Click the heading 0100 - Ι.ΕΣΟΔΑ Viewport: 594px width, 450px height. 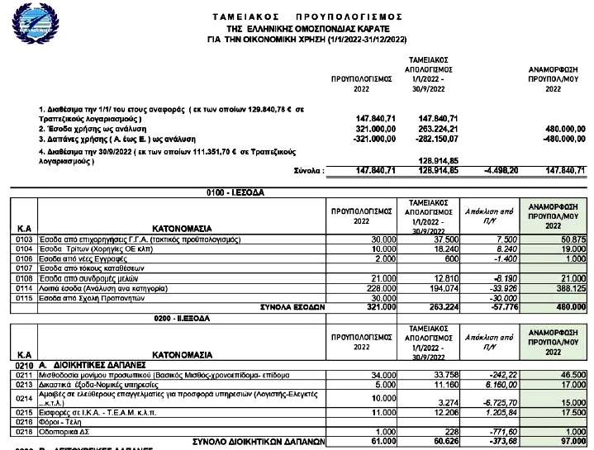(x=235, y=192)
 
